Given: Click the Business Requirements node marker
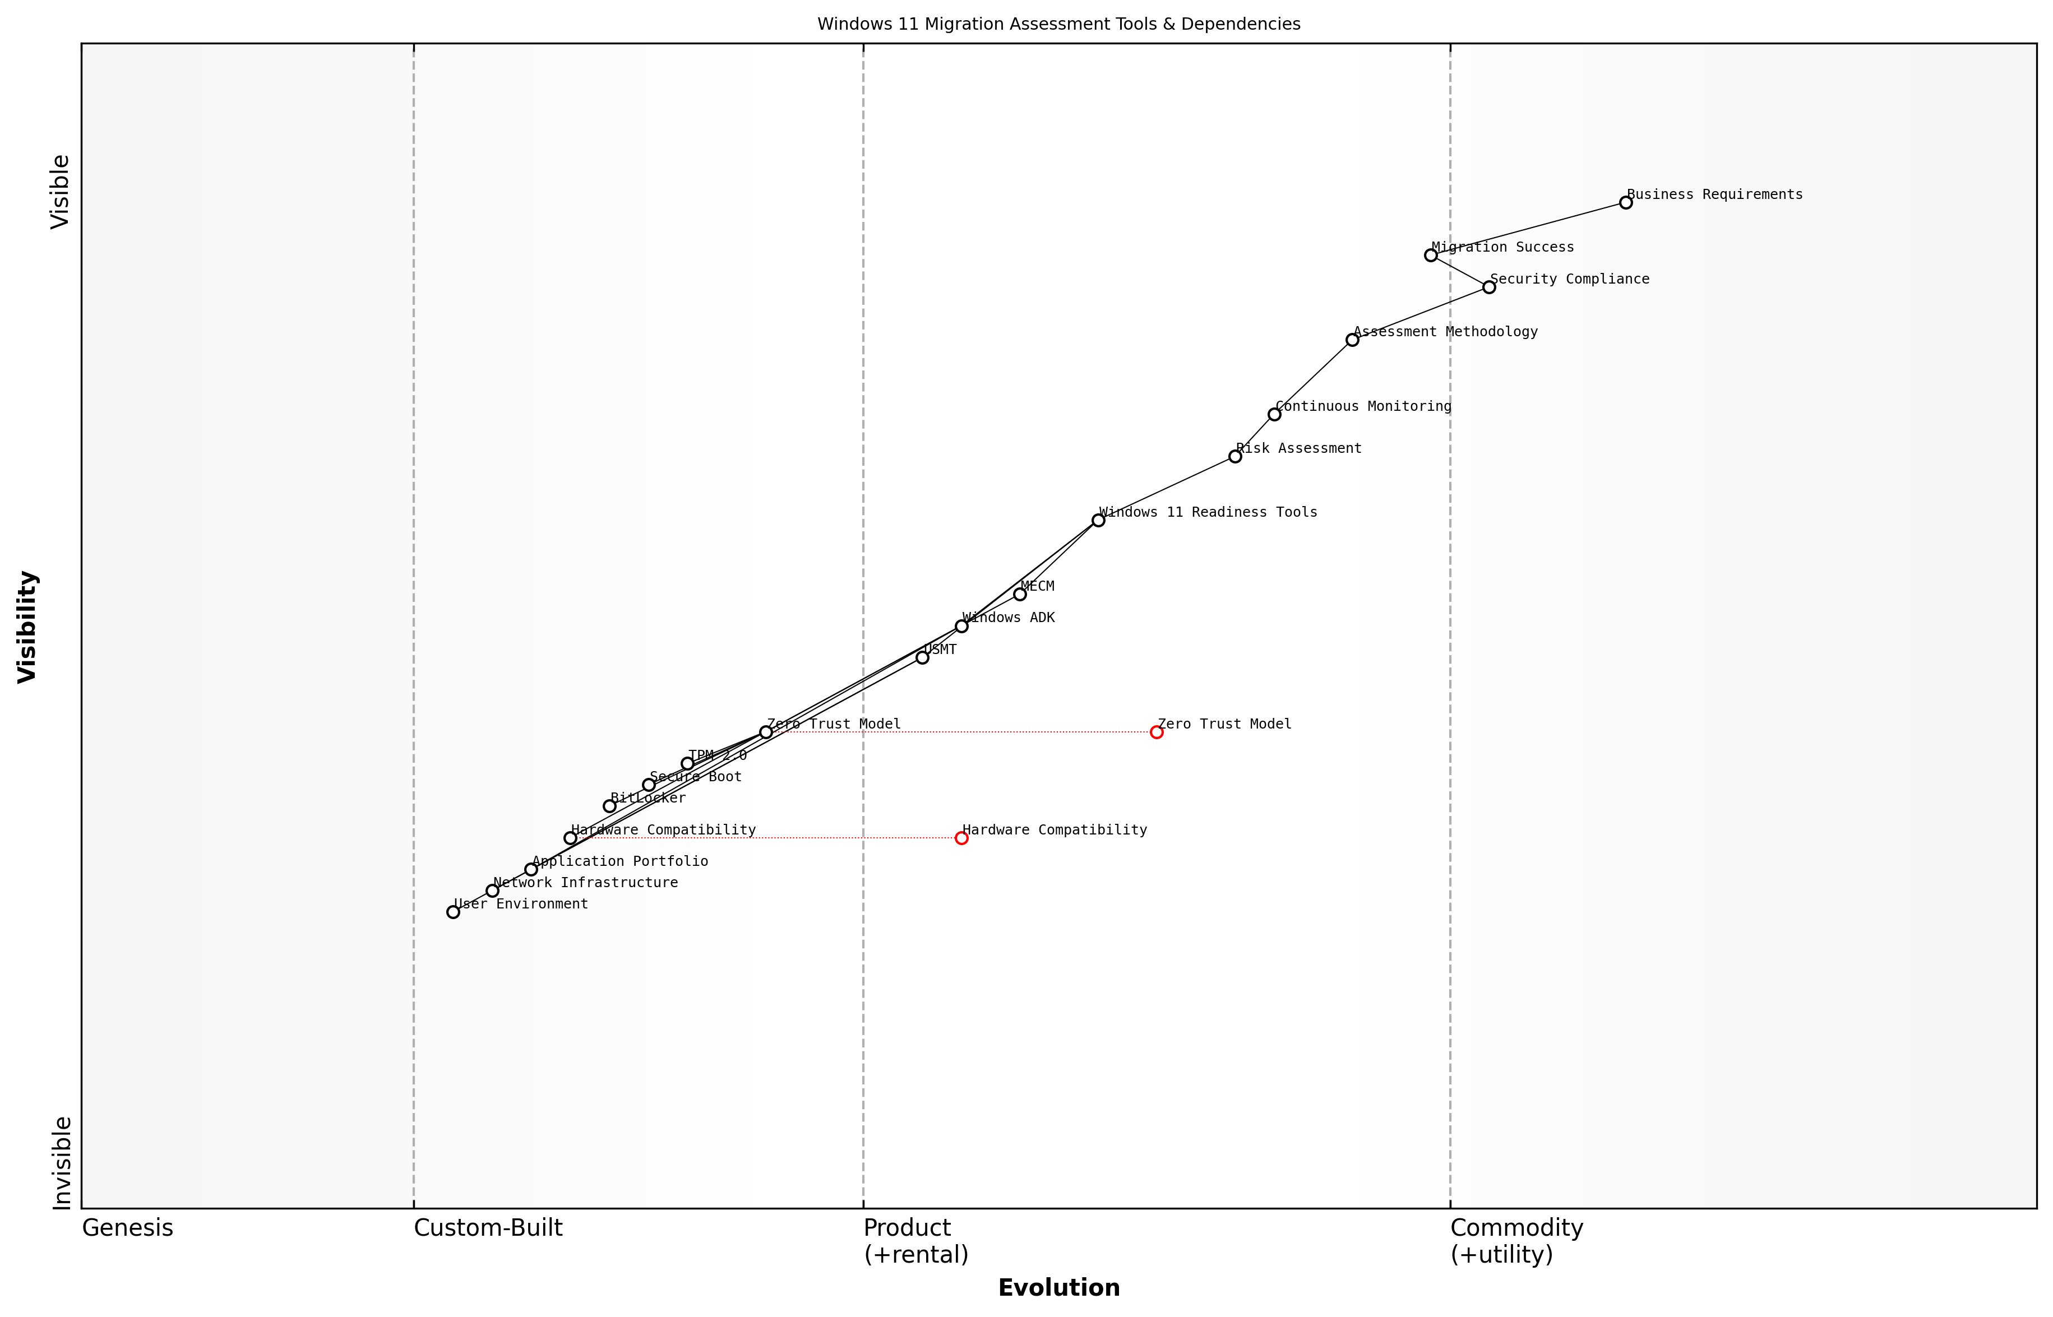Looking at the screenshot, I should pos(1625,203).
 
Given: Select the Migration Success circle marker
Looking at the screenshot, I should pos(1430,255).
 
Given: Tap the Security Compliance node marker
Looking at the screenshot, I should pos(1489,287).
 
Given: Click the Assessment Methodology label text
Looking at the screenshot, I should pos(1446,332).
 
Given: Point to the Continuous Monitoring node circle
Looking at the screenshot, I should pos(1274,415).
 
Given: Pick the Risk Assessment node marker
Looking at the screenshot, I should pos(1235,457).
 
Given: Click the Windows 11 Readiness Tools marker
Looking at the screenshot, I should pos(1098,520).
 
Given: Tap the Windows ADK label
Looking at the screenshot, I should pos(1009,618).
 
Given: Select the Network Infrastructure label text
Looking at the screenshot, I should pos(585,883).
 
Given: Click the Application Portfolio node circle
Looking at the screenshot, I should pos(531,870).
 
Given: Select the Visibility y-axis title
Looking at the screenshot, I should pos(27,627).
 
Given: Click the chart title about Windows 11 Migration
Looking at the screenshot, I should pos(1058,24).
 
